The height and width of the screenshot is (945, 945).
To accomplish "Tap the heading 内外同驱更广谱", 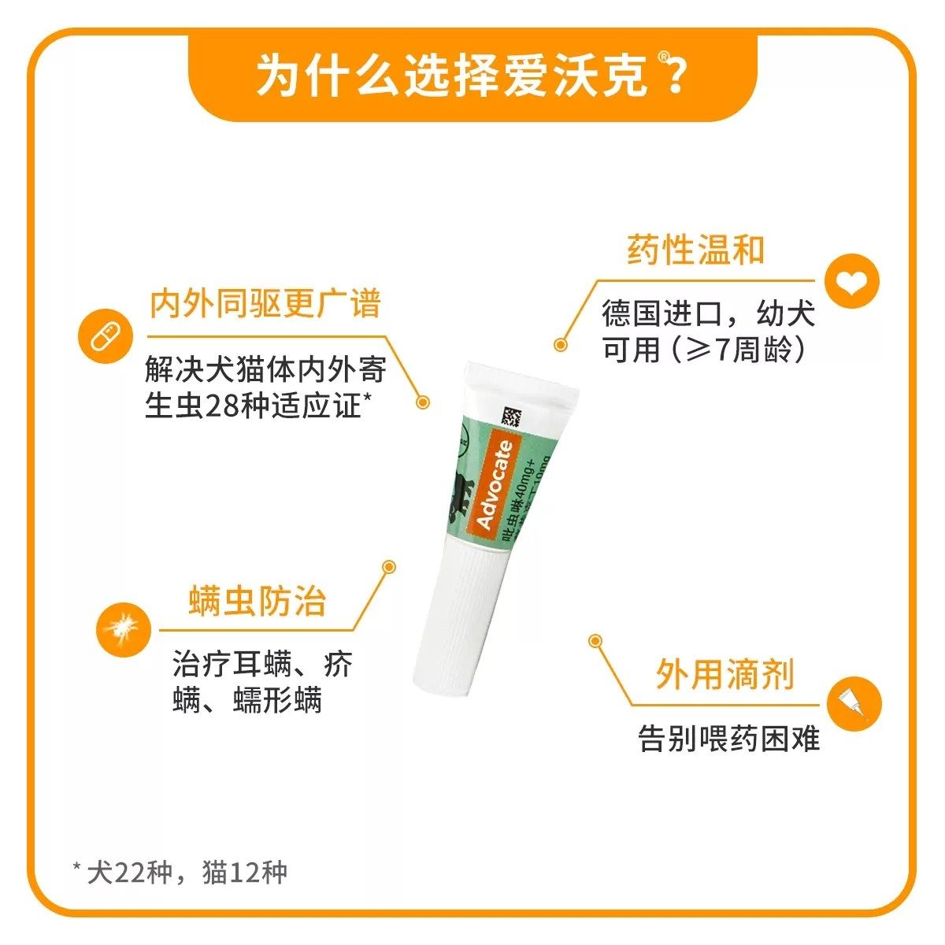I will click(x=265, y=304).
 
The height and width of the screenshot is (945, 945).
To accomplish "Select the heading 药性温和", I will click(x=695, y=250).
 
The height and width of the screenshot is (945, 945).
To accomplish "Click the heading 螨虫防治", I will click(x=257, y=602).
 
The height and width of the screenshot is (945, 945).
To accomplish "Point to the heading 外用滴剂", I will click(x=724, y=676).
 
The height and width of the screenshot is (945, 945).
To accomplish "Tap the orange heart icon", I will click(x=851, y=281).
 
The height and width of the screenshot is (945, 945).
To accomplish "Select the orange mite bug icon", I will click(x=122, y=628).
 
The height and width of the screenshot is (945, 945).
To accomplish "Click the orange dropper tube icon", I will click(x=854, y=703).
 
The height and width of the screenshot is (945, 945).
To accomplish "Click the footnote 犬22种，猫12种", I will click(x=180, y=873).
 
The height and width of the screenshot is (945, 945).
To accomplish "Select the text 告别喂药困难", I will click(x=728, y=739).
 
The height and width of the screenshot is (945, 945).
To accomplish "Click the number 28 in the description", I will click(x=221, y=406).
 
